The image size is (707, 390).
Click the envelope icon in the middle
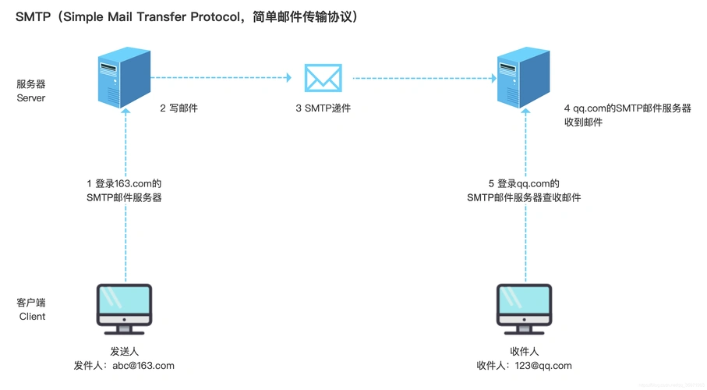(323, 78)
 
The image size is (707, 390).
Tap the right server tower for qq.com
(523, 78)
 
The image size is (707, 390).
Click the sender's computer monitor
(125, 306)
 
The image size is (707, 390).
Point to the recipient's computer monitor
(524, 306)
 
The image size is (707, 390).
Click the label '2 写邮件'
(179, 108)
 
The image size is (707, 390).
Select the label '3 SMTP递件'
(323, 108)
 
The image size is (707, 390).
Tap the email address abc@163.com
(143, 366)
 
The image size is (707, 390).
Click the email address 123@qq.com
(545, 366)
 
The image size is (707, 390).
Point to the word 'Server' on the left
(31, 98)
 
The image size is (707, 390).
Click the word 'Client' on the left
(32, 317)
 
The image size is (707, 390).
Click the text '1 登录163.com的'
(124, 184)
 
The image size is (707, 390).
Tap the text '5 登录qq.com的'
(524, 184)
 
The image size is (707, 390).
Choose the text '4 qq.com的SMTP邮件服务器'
(627, 108)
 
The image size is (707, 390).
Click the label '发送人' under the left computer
(125, 352)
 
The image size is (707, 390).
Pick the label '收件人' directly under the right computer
(524, 352)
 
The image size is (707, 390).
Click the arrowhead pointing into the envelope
(288, 78)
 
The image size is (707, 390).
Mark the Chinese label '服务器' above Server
(31, 84)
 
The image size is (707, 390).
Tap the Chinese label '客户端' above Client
(31, 303)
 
